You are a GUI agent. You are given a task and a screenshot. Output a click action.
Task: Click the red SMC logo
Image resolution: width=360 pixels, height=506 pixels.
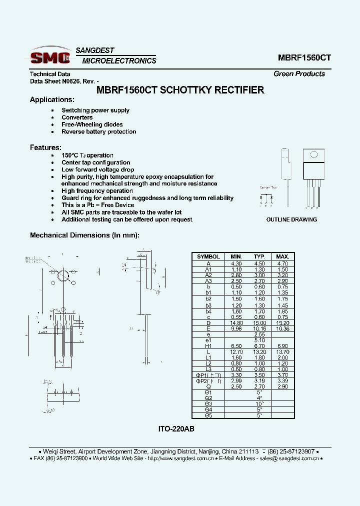[x=50, y=57]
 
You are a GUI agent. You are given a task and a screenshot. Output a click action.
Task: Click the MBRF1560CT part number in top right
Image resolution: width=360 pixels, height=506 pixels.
[x=304, y=57]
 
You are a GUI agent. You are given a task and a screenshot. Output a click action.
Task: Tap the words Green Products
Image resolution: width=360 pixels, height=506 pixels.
[x=299, y=73]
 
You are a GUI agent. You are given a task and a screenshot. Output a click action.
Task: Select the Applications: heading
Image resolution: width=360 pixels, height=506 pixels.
[x=52, y=99]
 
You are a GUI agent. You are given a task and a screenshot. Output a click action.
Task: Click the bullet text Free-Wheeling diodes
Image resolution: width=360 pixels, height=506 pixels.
[x=92, y=124]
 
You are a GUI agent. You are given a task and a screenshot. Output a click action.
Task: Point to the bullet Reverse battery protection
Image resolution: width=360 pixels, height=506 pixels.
[x=98, y=132]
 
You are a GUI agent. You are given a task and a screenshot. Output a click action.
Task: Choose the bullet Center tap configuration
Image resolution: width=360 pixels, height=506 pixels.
[x=95, y=162]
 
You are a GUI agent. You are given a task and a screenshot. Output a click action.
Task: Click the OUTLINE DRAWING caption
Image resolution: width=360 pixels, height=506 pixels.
[x=291, y=219]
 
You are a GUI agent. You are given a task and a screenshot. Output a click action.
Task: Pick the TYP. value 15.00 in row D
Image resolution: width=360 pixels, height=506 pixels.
[x=259, y=323]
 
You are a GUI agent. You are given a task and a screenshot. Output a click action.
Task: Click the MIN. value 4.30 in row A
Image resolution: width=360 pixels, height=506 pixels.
[x=235, y=263]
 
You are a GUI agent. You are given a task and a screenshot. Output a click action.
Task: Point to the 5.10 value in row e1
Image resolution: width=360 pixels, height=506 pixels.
[x=259, y=340]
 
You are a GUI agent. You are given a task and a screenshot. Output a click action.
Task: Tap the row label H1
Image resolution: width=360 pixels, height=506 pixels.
[x=208, y=345]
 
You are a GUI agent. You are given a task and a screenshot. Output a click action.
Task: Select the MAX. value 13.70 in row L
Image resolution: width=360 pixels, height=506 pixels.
[x=282, y=351]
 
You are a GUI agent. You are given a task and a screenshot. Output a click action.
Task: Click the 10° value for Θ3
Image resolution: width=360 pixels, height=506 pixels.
[x=259, y=403]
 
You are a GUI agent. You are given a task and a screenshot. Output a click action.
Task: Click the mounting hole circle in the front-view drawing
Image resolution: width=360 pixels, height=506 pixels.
[x=63, y=275]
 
